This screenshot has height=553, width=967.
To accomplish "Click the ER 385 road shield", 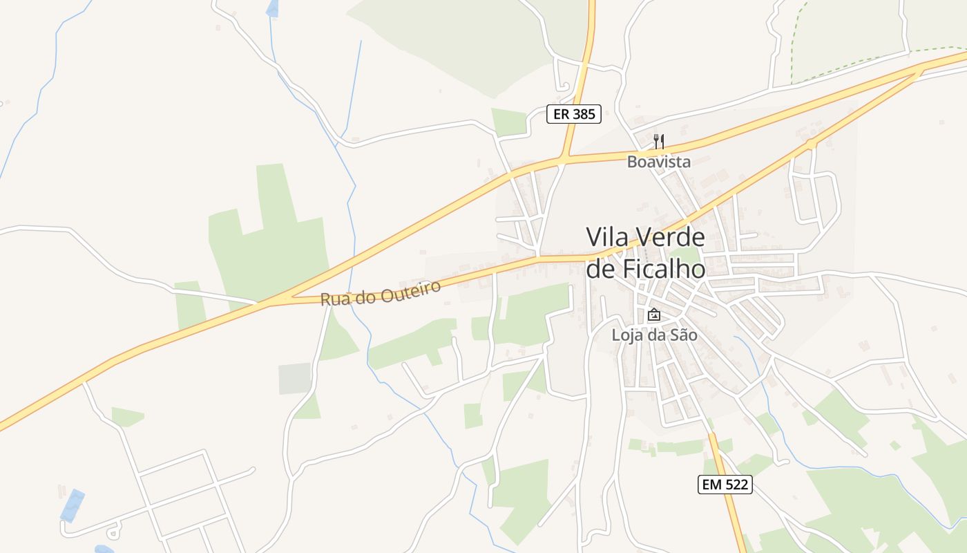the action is (x=574, y=114).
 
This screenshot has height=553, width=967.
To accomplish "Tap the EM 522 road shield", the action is (x=725, y=485).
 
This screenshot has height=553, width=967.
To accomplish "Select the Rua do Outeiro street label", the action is (x=381, y=293).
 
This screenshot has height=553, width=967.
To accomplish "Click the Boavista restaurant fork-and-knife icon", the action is (x=659, y=142).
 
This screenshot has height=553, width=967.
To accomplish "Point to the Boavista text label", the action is (x=659, y=162).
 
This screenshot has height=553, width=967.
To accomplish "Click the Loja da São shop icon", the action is (x=653, y=315).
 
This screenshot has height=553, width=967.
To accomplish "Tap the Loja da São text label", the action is (x=654, y=335).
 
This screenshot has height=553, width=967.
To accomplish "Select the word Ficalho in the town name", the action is (x=664, y=268).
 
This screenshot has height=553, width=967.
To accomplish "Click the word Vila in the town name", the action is (x=607, y=237).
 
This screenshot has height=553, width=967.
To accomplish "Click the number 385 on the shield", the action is (x=584, y=114).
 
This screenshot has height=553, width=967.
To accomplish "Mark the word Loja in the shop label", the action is (x=625, y=335).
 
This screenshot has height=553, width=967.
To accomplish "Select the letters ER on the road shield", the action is (x=562, y=114).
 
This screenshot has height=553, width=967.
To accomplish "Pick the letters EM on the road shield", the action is (x=711, y=485).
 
